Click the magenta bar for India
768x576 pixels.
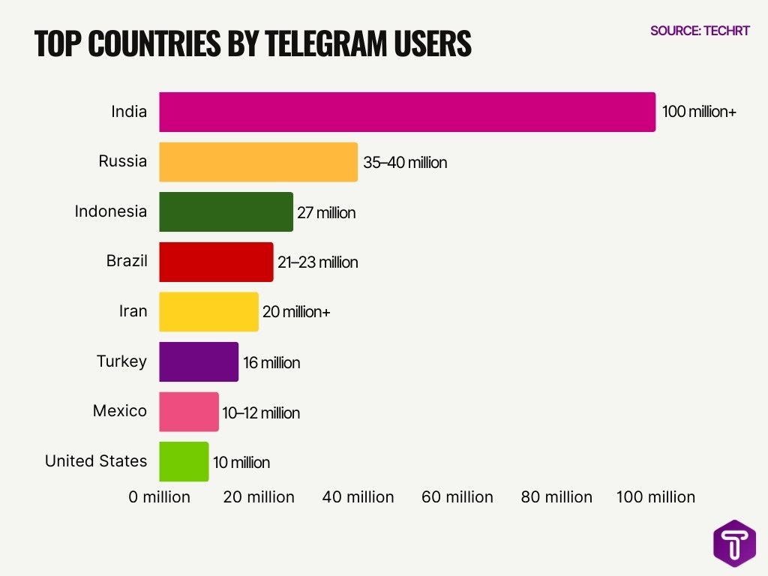[407, 112]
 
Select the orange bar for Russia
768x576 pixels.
[258, 162]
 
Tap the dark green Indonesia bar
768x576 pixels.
[226, 212]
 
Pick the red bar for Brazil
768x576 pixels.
[216, 262]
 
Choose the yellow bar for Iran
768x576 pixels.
[208, 312]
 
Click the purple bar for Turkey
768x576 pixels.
[199, 362]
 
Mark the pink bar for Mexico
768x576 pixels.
[189, 412]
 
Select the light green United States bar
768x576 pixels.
[184, 462]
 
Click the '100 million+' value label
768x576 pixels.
[699, 112]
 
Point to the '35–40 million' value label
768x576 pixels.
[405, 162]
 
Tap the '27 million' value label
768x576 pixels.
[326, 213]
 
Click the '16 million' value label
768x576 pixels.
[271, 363]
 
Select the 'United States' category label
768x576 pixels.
[96, 461]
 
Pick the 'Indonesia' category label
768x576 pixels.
[111, 211]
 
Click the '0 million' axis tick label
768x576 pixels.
[159, 497]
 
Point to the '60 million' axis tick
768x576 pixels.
[457, 497]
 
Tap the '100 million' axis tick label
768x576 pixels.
[655, 497]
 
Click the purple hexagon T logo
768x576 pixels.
[734, 543]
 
